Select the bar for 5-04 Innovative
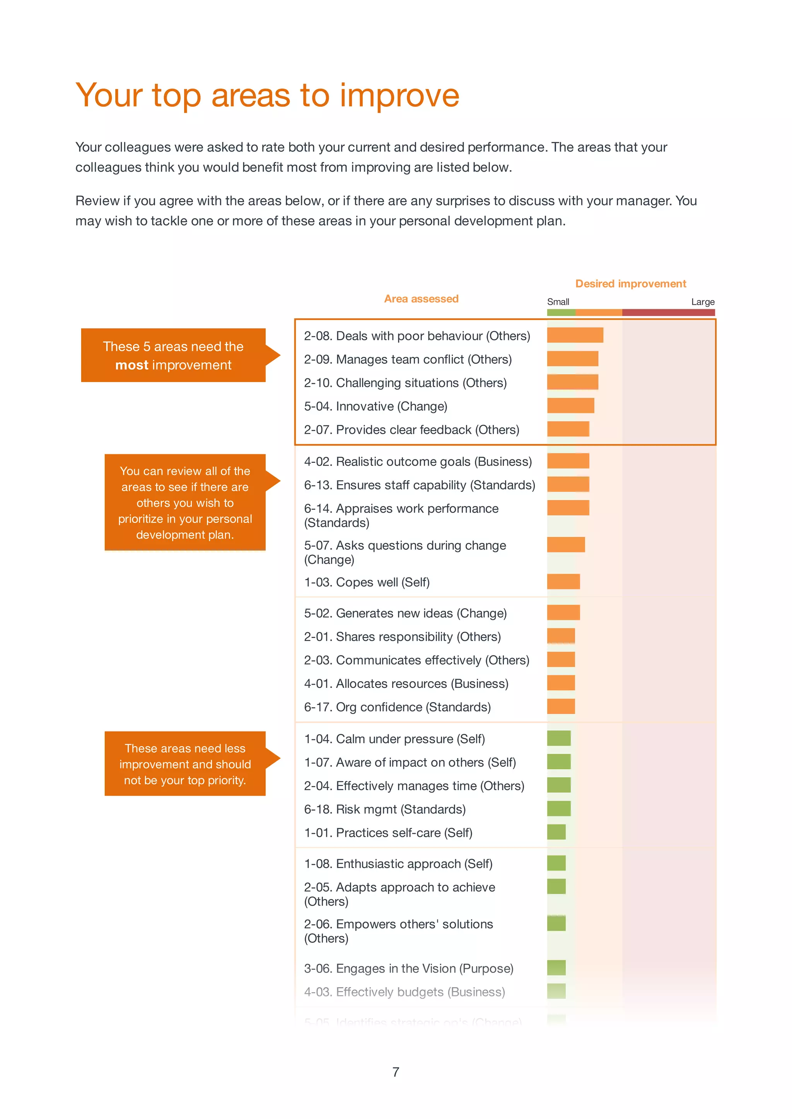570,406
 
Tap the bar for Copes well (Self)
563,582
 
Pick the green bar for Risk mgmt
559,809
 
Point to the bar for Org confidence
561,706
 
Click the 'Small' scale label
558,302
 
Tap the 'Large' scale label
703,302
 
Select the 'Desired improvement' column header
631,284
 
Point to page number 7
396,1072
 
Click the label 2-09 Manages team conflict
408,359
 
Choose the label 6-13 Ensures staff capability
420,485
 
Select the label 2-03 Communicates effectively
416,660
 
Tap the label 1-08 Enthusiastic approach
398,864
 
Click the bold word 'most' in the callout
131,365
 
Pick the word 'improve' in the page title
399,95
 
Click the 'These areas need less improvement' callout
185,764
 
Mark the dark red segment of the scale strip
668,312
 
